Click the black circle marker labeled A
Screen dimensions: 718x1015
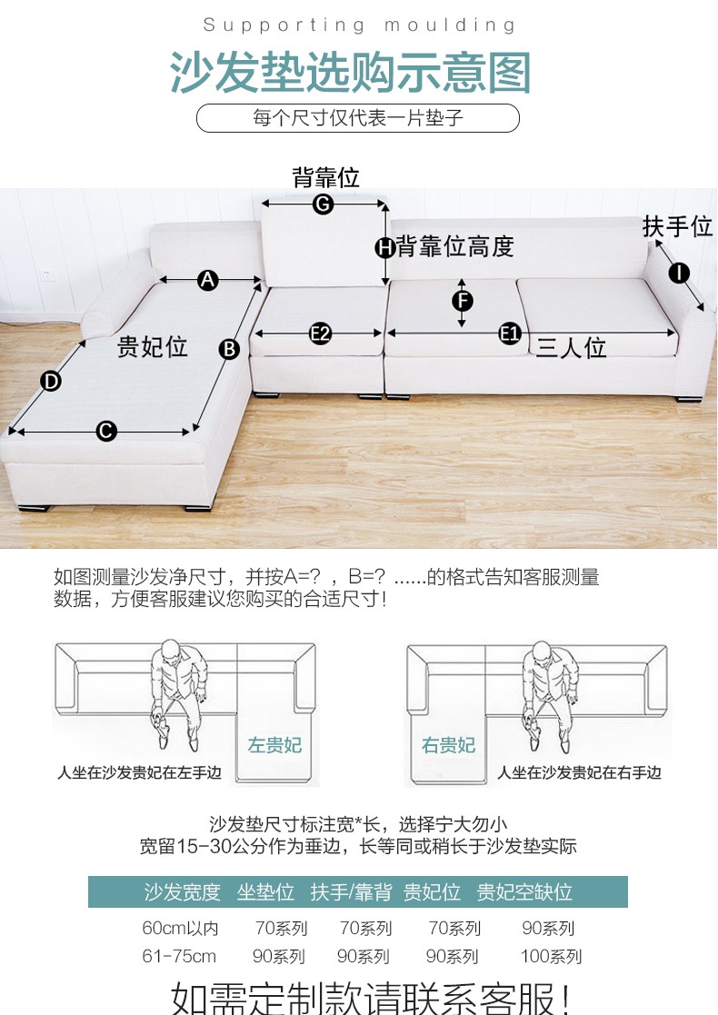tap(207, 280)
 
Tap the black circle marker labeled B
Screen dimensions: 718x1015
tap(229, 350)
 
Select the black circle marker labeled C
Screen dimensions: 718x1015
tap(106, 431)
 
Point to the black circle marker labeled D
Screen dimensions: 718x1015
tap(51, 382)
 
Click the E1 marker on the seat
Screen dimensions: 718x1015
tap(510, 334)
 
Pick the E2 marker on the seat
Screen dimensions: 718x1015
tap(320, 334)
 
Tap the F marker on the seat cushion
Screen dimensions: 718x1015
tap(463, 301)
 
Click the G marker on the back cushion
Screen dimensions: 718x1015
tap(323, 204)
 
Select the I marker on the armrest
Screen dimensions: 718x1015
tap(679, 274)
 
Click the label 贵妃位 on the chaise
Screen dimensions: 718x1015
tap(152, 347)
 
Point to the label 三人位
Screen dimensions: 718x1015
tap(571, 348)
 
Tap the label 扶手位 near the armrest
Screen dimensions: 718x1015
tap(678, 226)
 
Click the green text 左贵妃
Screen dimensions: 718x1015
tap(274, 745)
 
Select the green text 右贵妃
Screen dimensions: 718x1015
tap(448, 745)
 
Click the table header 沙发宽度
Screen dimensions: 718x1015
tap(182, 892)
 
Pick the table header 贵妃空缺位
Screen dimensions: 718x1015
tap(524, 892)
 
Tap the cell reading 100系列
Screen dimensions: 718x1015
tap(551, 956)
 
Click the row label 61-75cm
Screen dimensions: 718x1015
tap(179, 956)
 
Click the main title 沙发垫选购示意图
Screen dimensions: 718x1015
tap(350, 72)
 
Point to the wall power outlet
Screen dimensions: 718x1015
tap(46, 275)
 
